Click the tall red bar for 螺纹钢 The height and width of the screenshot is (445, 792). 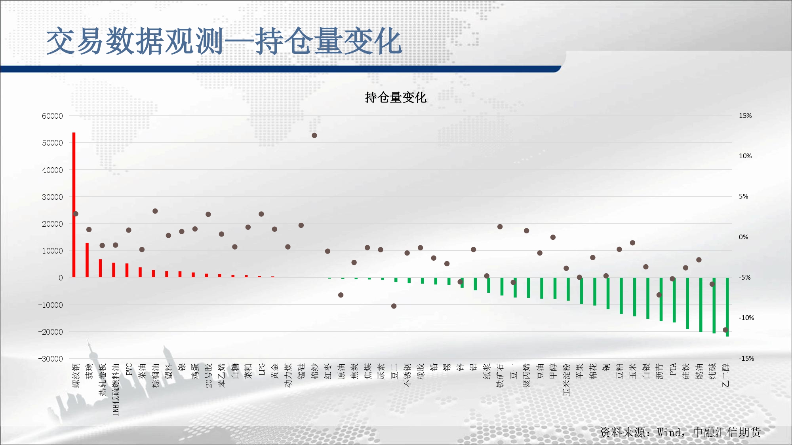74,205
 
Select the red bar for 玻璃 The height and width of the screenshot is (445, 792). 87,260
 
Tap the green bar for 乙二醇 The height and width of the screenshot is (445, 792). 727,307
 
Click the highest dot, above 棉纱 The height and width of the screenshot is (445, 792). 314,135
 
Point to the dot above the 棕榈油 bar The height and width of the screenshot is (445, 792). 155,211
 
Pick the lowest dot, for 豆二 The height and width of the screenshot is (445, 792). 394,306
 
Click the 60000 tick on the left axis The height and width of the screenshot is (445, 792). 52,116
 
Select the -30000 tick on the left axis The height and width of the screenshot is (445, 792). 50,359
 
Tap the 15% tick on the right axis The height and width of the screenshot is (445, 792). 745,116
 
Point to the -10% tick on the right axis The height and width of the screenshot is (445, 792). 746,318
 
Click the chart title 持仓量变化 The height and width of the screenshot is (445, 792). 396,97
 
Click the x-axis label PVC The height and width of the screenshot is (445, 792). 129,369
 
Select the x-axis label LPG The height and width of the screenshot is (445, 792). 262,369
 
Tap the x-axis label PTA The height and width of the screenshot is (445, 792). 673,369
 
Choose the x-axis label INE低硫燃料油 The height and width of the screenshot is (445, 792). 116,390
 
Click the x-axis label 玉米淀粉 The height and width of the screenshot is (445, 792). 567,379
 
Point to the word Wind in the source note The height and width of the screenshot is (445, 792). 669,432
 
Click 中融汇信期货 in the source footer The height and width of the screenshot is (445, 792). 727,432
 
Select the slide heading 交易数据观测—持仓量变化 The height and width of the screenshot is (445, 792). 225,41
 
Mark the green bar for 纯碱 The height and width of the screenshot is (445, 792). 714,305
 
